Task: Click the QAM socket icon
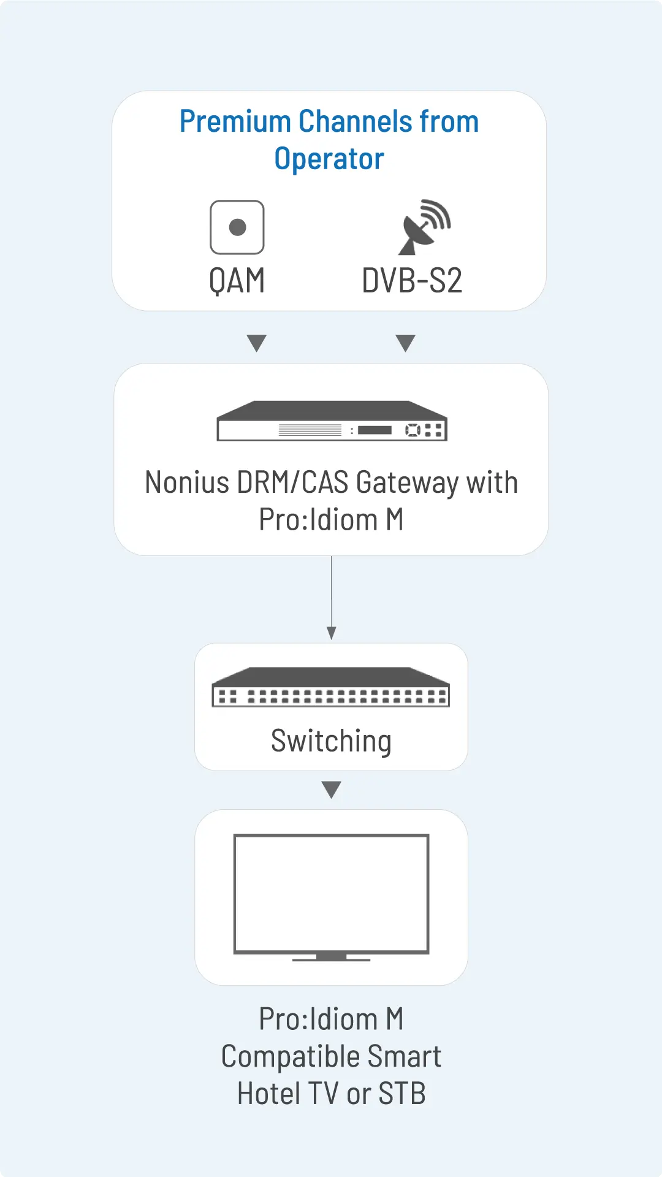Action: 237,227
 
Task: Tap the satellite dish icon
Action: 424,227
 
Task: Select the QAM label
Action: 237,281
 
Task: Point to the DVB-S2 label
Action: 412,281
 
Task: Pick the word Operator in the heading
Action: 329,159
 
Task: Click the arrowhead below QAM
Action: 256,343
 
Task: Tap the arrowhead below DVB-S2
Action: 406,343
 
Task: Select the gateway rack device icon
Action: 332,421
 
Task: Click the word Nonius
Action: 187,482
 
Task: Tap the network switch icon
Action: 331,687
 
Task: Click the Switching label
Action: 331,741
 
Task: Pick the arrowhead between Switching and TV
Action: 332,790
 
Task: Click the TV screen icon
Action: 331,893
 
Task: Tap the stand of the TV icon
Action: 332,958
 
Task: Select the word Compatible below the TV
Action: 291,1057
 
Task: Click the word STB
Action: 402,1094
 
